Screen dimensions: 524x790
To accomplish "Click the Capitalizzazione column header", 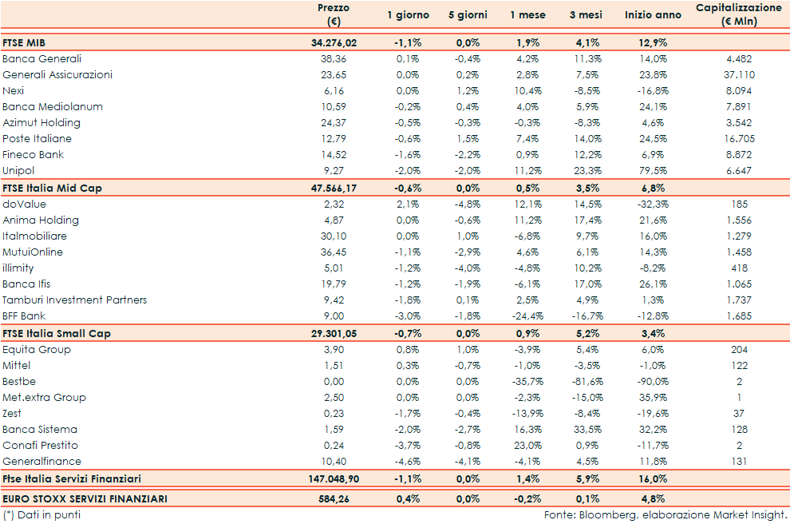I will click(x=738, y=15).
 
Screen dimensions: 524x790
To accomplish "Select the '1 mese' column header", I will click(x=528, y=15).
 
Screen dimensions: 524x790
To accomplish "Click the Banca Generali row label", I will click(x=42, y=59).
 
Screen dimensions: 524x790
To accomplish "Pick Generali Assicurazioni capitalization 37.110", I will click(x=740, y=75).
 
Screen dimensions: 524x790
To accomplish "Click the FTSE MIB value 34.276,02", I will click(x=334, y=42).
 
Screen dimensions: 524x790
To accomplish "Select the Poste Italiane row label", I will click(x=37, y=139).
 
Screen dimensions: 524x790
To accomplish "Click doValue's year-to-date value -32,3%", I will click(x=653, y=204).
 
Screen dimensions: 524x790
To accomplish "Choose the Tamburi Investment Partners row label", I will click(x=75, y=300).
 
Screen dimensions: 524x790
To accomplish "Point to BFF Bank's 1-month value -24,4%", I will click(x=527, y=316).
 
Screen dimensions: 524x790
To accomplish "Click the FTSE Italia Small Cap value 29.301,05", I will click(x=334, y=333).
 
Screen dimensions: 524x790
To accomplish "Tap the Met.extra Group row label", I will click(x=44, y=398).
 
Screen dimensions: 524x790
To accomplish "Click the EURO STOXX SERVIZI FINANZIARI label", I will click(x=85, y=498).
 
